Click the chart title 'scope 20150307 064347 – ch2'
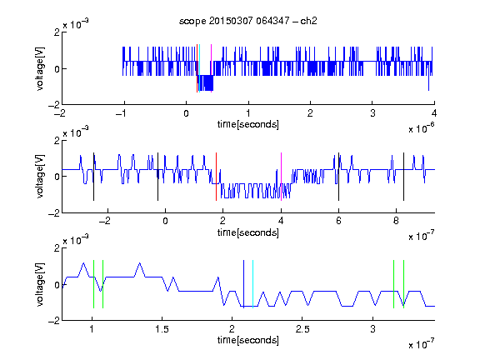pyautogui.click(x=247, y=21)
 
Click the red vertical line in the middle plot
pyautogui.click(x=216, y=177)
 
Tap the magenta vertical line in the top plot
pyautogui.click(x=211, y=68)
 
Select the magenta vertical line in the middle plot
pyautogui.click(x=281, y=177)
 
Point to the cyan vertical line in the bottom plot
pyautogui.click(x=252, y=284)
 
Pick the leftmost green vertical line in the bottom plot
pyautogui.click(x=93, y=284)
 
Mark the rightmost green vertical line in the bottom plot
pyautogui.click(x=404, y=284)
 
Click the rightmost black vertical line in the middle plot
pyautogui.click(x=403, y=177)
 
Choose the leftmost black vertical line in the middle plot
pyautogui.click(x=93, y=177)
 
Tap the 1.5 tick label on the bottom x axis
pyautogui.click(x=162, y=329)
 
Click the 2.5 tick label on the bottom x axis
pyautogui.click(x=302, y=329)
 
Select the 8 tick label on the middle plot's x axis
pyautogui.click(x=396, y=221)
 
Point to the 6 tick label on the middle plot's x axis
pyautogui.click(x=338, y=221)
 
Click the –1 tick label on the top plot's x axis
pyautogui.click(x=122, y=113)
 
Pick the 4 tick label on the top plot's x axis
pyautogui.click(x=434, y=113)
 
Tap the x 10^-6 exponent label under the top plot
pyautogui.click(x=421, y=128)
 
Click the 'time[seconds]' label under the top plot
pyautogui.click(x=248, y=124)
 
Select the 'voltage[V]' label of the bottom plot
pyautogui.click(x=40, y=284)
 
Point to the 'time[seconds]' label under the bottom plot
pyautogui.click(x=248, y=340)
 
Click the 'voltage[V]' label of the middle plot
pyautogui.click(x=40, y=177)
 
